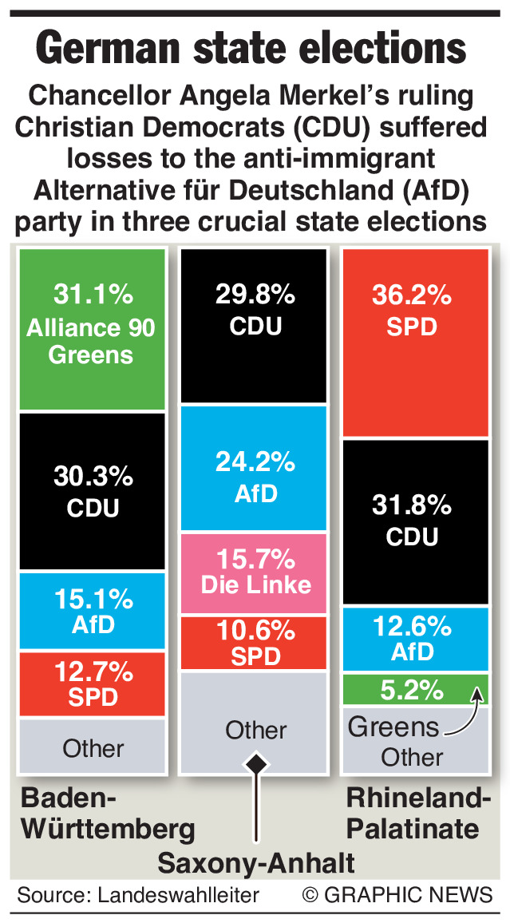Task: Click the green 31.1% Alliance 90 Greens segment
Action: [92, 329]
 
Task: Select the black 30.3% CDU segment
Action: [92, 491]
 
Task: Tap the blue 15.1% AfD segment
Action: [92, 610]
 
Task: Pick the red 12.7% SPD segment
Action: [92, 684]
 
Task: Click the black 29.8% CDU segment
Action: [254, 325]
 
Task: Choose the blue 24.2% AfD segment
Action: [254, 468]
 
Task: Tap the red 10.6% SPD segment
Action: [254, 643]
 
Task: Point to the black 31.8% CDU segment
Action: [414, 521]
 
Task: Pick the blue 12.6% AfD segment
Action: [414, 639]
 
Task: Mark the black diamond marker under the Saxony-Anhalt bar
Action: [256, 765]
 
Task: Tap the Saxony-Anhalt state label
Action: [256, 864]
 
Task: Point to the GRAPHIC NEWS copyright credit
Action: [397, 895]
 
